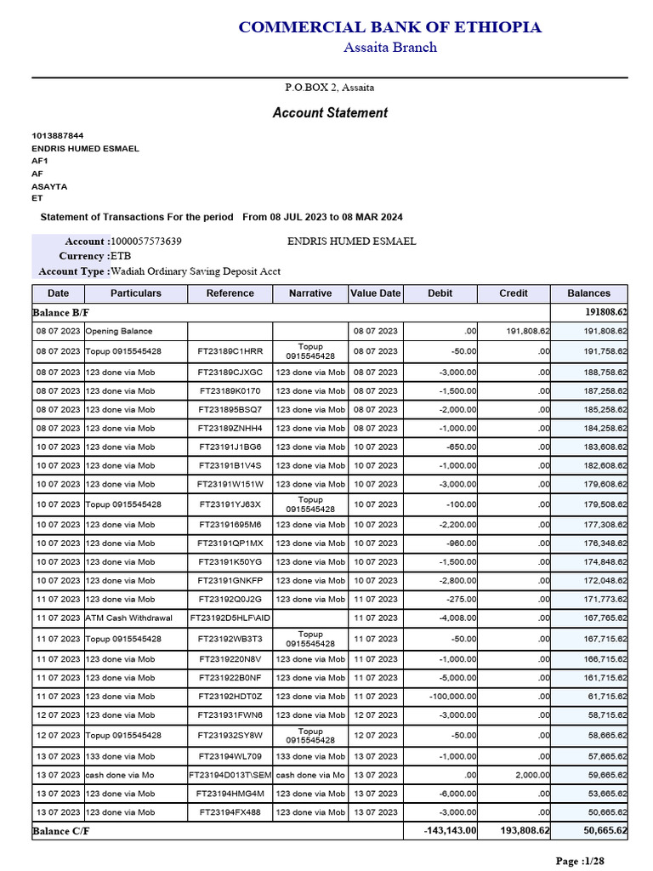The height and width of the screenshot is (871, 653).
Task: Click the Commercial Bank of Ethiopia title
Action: [389, 27]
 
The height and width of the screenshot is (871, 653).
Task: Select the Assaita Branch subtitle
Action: [389, 48]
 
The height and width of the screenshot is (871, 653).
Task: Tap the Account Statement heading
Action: [330, 113]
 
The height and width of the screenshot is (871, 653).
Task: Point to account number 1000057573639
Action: [146, 242]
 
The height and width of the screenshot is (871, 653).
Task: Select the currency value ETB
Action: [122, 256]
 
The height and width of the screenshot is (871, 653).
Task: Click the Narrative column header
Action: [310, 293]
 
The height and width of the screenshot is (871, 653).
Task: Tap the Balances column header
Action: [589, 293]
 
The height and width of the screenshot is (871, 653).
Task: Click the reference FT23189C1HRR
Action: [230, 351]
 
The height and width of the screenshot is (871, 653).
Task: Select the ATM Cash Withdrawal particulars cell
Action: [128, 618]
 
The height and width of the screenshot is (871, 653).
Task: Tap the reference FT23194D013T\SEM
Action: [230, 775]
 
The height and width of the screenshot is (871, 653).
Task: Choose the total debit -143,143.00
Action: [450, 831]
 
